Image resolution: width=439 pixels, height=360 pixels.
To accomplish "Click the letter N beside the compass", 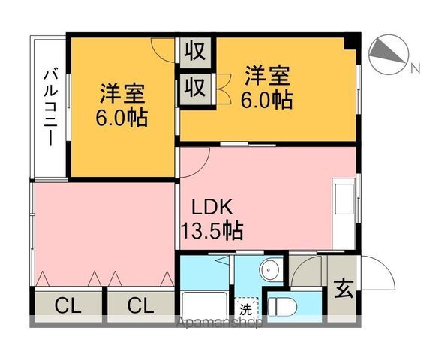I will (414, 69).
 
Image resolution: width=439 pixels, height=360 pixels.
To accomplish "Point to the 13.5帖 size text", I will (211, 230).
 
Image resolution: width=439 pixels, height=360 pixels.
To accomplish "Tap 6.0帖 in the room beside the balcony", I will (122, 118).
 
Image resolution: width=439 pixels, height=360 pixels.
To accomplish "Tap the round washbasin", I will (270, 270).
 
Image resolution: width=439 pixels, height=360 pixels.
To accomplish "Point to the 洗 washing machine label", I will (245, 307).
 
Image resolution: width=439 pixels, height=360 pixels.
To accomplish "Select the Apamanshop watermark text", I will (218, 325).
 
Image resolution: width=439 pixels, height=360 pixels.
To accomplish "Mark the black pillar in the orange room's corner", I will (351, 41).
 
